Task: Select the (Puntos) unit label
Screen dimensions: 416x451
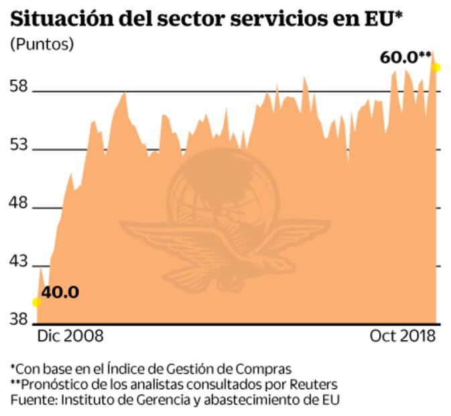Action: tap(42, 45)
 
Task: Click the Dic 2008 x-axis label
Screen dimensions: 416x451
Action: tap(70, 335)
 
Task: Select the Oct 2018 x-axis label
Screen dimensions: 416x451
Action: tap(402, 335)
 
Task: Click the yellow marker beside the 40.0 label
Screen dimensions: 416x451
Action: tap(37, 302)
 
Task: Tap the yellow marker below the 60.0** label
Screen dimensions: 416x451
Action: tap(436, 67)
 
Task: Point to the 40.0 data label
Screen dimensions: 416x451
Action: tap(60, 293)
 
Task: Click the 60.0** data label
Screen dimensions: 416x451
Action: tap(405, 57)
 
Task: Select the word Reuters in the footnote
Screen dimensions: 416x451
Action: tap(314, 384)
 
